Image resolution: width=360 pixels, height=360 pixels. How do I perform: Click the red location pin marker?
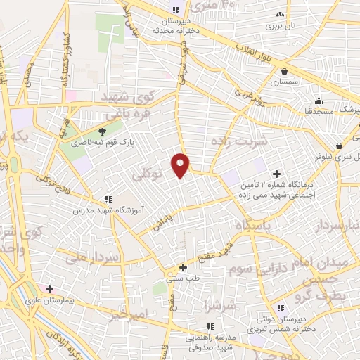click(181, 165)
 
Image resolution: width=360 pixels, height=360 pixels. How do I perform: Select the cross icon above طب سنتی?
click(183, 267)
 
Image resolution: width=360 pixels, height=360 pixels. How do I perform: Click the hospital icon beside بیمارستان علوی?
click(49, 289)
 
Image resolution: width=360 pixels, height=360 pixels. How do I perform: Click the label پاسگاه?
click(258, 225)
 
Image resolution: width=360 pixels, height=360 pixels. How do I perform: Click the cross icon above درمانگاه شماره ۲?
click(276, 174)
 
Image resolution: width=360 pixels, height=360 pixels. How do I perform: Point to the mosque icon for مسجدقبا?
click(319, 100)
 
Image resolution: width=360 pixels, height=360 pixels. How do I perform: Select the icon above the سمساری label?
click(283, 71)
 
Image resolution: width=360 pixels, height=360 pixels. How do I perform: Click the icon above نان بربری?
click(281, 14)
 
